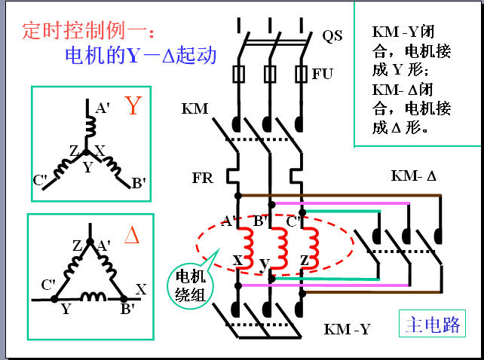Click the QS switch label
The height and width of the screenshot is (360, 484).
point(332,36)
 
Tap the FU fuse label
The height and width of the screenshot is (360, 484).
point(323,74)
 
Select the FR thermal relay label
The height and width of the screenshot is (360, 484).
point(203,178)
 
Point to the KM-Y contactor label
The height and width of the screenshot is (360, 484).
point(347,329)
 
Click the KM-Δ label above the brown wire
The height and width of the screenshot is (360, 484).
point(414,175)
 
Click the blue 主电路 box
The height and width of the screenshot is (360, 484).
point(432,324)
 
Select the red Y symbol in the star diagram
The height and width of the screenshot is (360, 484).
point(133,105)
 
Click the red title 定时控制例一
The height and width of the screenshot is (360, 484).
point(88,31)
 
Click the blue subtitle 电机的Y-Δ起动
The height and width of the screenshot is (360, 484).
point(141,56)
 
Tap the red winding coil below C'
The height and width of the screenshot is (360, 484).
point(311,249)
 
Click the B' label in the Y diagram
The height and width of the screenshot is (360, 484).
point(139,183)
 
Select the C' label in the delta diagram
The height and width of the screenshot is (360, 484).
point(48,285)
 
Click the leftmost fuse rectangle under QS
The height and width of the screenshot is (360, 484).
point(238,74)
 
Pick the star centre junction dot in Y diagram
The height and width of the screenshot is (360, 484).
point(86,152)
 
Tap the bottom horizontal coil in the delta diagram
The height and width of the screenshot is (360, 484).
point(93,297)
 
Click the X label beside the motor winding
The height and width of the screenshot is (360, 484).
point(237,261)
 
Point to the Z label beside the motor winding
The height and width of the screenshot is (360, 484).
point(305,261)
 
